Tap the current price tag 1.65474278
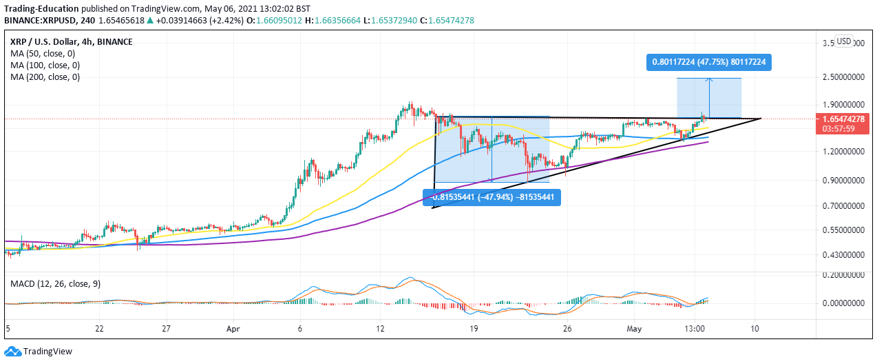[x=841, y=119]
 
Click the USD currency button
[x=844, y=41]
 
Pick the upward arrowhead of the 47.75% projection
[x=709, y=81]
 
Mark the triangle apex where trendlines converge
[x=761, y=119]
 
